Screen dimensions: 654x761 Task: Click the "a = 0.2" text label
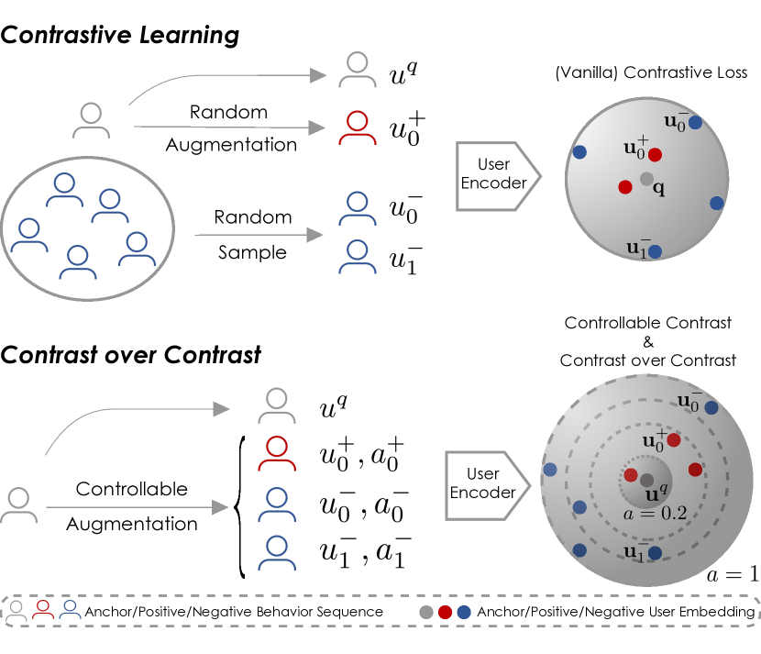[655, 514]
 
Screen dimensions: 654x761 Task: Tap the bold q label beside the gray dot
[658, 188]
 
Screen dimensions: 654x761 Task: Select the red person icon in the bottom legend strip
[43, 609]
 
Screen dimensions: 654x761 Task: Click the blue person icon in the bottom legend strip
[70, 609]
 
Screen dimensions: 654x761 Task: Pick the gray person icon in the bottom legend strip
[17, 610]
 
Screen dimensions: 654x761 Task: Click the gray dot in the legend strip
[426, 612]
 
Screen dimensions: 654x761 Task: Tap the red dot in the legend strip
[445, 612]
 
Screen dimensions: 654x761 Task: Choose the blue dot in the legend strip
[464, 612]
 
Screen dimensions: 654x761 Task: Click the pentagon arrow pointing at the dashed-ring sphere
[487, 485]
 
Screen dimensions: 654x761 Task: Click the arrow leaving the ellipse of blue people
[259, 235]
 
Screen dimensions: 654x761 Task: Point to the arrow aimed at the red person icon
[229, 127]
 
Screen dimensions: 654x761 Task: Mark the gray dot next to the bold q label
[646, 179]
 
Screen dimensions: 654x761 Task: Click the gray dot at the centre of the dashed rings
[646, 481]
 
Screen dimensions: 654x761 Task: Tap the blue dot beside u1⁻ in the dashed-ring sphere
[655, 553]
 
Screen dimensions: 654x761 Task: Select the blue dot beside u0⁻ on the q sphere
[695, 122]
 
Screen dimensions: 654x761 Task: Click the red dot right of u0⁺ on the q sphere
[655, 155]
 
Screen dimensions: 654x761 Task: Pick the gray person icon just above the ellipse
[92, 125]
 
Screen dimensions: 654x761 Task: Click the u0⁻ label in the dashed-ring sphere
[689, 401]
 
